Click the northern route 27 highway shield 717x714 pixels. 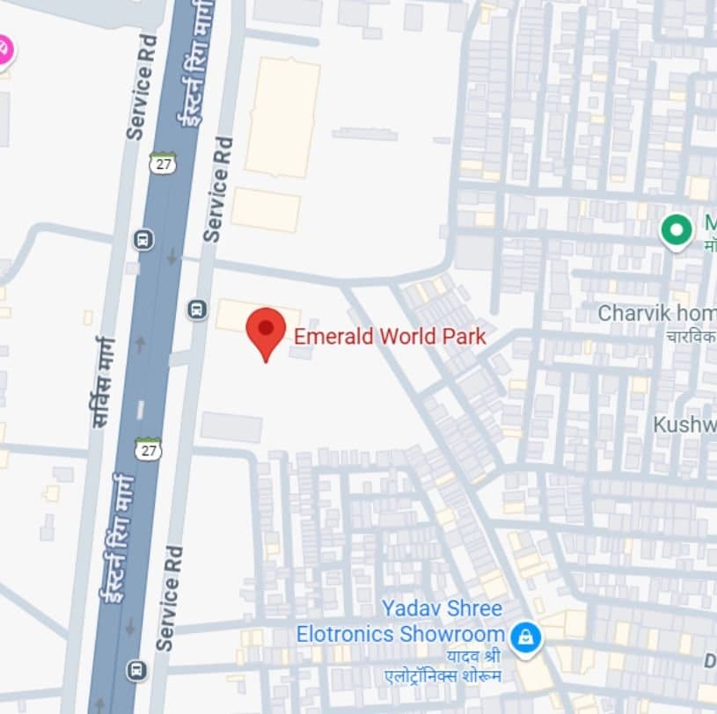pos(161,163)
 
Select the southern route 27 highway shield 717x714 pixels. pos(148,448)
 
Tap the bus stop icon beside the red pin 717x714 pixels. pos(198,309)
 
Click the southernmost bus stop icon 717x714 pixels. pos(136,670)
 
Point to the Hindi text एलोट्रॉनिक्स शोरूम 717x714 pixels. pos(435,675)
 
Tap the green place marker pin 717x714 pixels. pos(676,230)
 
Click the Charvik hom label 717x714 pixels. pos(656,313)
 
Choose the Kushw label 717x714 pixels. pos(684,425)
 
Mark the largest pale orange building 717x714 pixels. pos(282,117)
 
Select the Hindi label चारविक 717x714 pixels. pos(691,336)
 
